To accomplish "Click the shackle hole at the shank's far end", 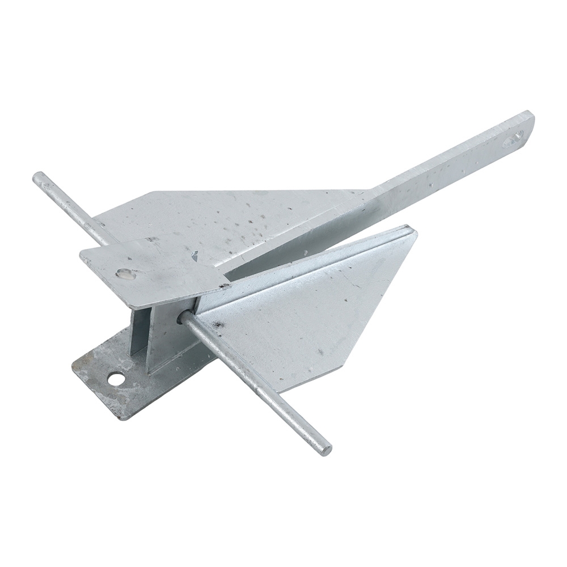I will coord(514,138).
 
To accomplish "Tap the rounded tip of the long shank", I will coord(530,118).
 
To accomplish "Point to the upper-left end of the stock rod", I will coord(39,177).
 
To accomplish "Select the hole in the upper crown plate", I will coord(125,274).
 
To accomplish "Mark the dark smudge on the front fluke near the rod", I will coord(217,325).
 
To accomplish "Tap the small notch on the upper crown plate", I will coord(194,256).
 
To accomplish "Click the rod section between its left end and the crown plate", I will coord(71,207).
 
